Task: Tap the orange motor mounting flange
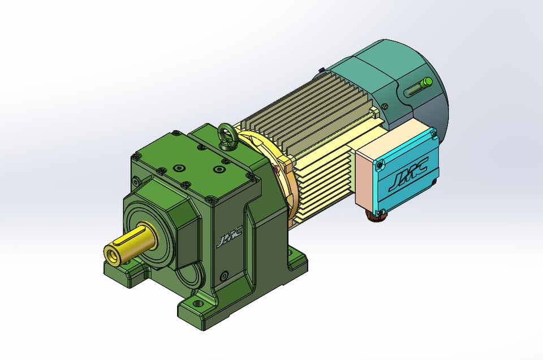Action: (283, 164)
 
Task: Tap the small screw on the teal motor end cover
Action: (385, 106)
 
